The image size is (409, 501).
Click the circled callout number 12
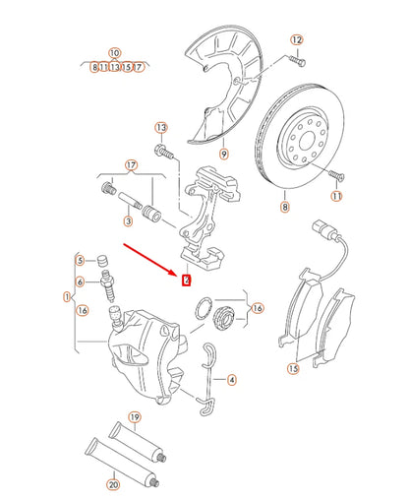297,39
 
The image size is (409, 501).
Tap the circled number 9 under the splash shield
223,154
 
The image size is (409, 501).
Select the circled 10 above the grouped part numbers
114,52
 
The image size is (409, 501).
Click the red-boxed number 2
185,280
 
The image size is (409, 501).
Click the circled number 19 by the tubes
135,417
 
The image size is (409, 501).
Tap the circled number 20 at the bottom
112,485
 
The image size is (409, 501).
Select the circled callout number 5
80,260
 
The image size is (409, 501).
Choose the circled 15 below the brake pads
292,369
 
